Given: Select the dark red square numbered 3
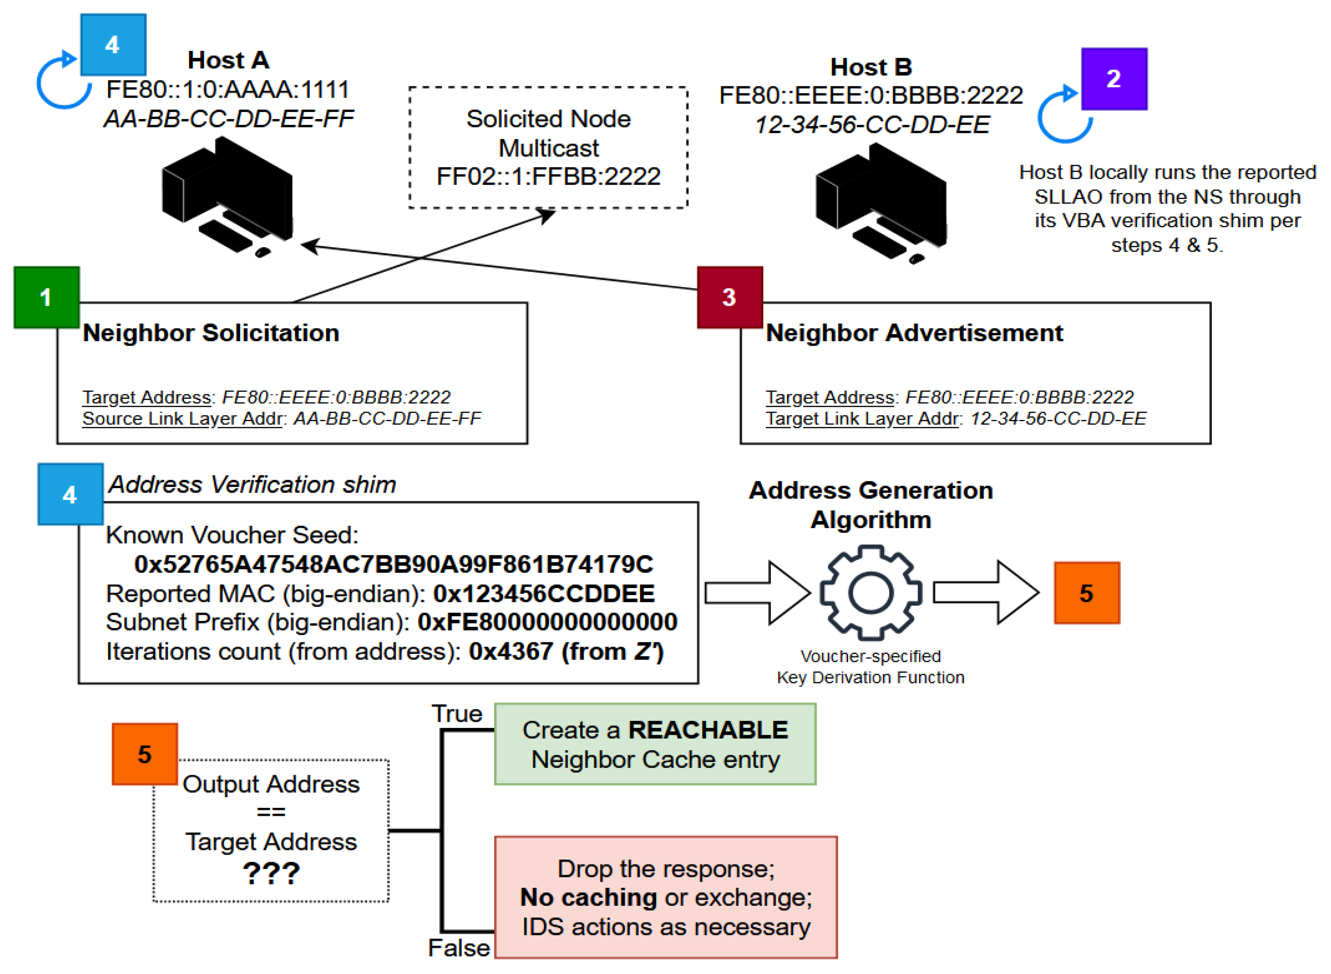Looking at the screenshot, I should pyautogui.click(x=729, y=297).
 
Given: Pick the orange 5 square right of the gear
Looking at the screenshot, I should pyautogui.click(x=1086, y=592).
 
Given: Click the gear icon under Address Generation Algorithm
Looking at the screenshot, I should pyautogui.click(x=871, y=592).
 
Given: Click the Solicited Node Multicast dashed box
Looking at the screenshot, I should pyautogui.click(x=548, y=147).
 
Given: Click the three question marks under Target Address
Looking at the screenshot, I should pyautogui.click(x=271, y=873).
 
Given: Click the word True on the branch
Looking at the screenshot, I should pyautogui.click(x=457, y=713).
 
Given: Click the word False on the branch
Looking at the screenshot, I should pyautogui.click(x=459, y=948).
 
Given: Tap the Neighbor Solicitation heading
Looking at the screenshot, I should pyautogui.click(x=211, y=333).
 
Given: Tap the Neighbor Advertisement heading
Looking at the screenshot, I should pyautogui.click(x=914, y=333).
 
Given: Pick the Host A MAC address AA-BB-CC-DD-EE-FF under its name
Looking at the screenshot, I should pyautogui.click(x=229, y=119).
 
